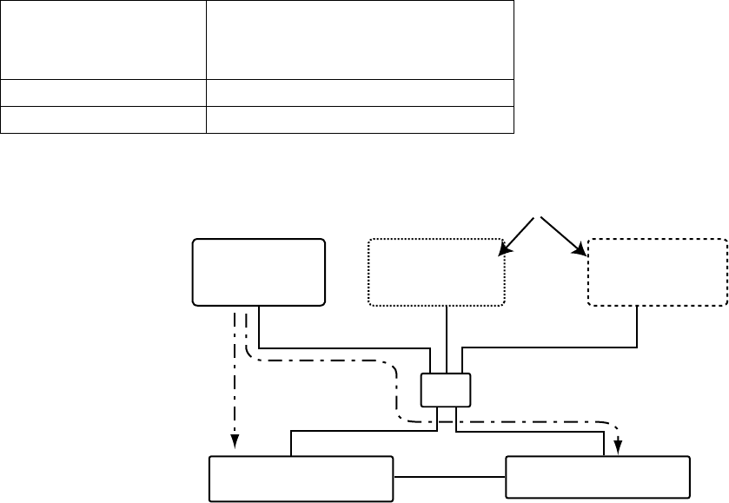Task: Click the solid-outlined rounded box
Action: pyautogui.click(x=259, y=272)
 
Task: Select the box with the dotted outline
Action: pyautogui.click(x=437, y=272)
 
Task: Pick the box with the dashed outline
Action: pyautogui.click(x=658, y=272)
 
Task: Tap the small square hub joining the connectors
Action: pyautogui.click(x=446, y=389)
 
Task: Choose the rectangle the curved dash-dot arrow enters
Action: pyautogui.click(x=598, y=477)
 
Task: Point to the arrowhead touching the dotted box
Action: pyautogui.click(x=502, y=251)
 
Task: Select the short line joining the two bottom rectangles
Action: pyautogui.click(x=449, y=477)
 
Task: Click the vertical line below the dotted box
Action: pyautogui.click(x=446, y=340)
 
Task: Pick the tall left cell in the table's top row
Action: pyautogui.click(x=103, y=40)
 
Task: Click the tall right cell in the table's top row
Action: pyautogui.click(x=360, y=40)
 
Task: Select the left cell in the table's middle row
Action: pyautogui.click(x=103, y=93)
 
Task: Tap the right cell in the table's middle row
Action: pyautogui.click(x=360, y=93)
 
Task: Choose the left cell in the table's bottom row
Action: pyautogui.click(x=103, y=120)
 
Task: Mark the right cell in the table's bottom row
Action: pyautogui.click(x=360, y=120)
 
